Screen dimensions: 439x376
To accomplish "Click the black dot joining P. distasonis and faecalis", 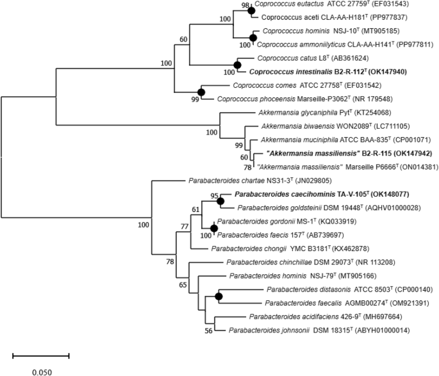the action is coord(220,296).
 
